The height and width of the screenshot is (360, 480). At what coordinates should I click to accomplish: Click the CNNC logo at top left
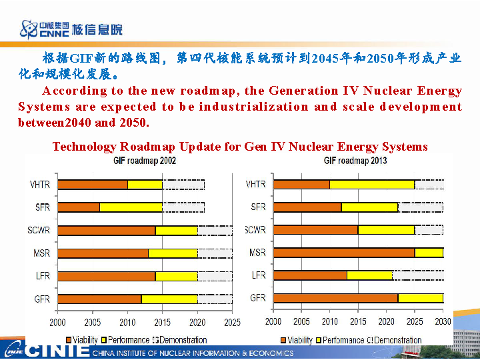[x=70, y=29]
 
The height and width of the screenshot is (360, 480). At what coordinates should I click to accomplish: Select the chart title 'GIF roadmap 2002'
[x=145, y=161]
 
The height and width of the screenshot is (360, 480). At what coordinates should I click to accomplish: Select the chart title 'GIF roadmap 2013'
[x=355, y=161]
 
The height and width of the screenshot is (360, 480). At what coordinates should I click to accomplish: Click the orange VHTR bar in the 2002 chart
[x=93, y=185]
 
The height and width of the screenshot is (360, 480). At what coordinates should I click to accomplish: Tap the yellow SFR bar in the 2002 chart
[x=131, y=207]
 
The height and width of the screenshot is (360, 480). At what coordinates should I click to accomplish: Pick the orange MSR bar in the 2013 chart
[x=344, y=253]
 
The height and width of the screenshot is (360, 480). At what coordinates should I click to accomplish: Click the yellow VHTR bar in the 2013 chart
[x=372, y=185]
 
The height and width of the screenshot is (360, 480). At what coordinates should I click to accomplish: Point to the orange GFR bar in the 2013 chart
[x=335, y=298]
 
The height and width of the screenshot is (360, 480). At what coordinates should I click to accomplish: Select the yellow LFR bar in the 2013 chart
[x=369, y=275]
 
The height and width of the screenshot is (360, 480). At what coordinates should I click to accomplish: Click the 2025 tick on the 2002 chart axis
[x=232, y=323]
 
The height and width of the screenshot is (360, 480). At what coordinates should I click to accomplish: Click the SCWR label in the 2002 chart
[x=39, y=231]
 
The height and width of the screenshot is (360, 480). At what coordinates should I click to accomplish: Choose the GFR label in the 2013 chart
[x=258, y=298]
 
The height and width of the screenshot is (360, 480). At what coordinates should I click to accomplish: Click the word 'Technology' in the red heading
[x=85, y=147]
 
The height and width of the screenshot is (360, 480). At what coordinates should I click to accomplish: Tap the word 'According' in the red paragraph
[x=74, y=91]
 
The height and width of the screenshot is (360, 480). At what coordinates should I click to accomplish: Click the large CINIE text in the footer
[x=59, y=351]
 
